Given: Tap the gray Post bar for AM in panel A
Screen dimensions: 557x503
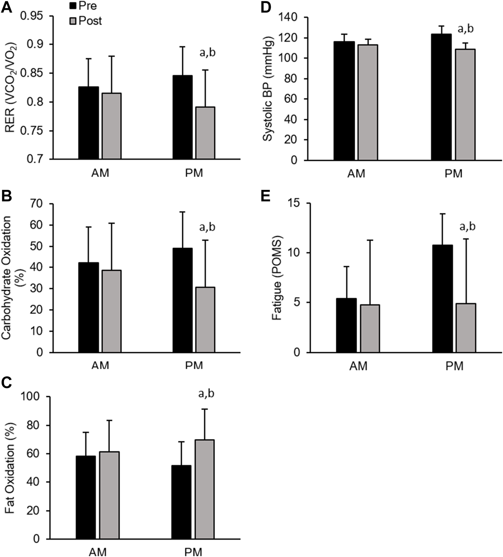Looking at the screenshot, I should [x=111, y=126].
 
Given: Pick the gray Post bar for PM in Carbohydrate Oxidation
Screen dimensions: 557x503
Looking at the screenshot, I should [x=205, y=320].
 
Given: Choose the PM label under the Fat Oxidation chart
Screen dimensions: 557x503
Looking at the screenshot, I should [x=193, y=552].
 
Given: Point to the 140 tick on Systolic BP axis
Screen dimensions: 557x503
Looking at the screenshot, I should [x=289, y=18].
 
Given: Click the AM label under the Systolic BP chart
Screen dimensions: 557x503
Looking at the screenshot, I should [x=356, y=174].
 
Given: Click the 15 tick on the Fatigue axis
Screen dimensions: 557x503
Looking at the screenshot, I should [x=296, y=203].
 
